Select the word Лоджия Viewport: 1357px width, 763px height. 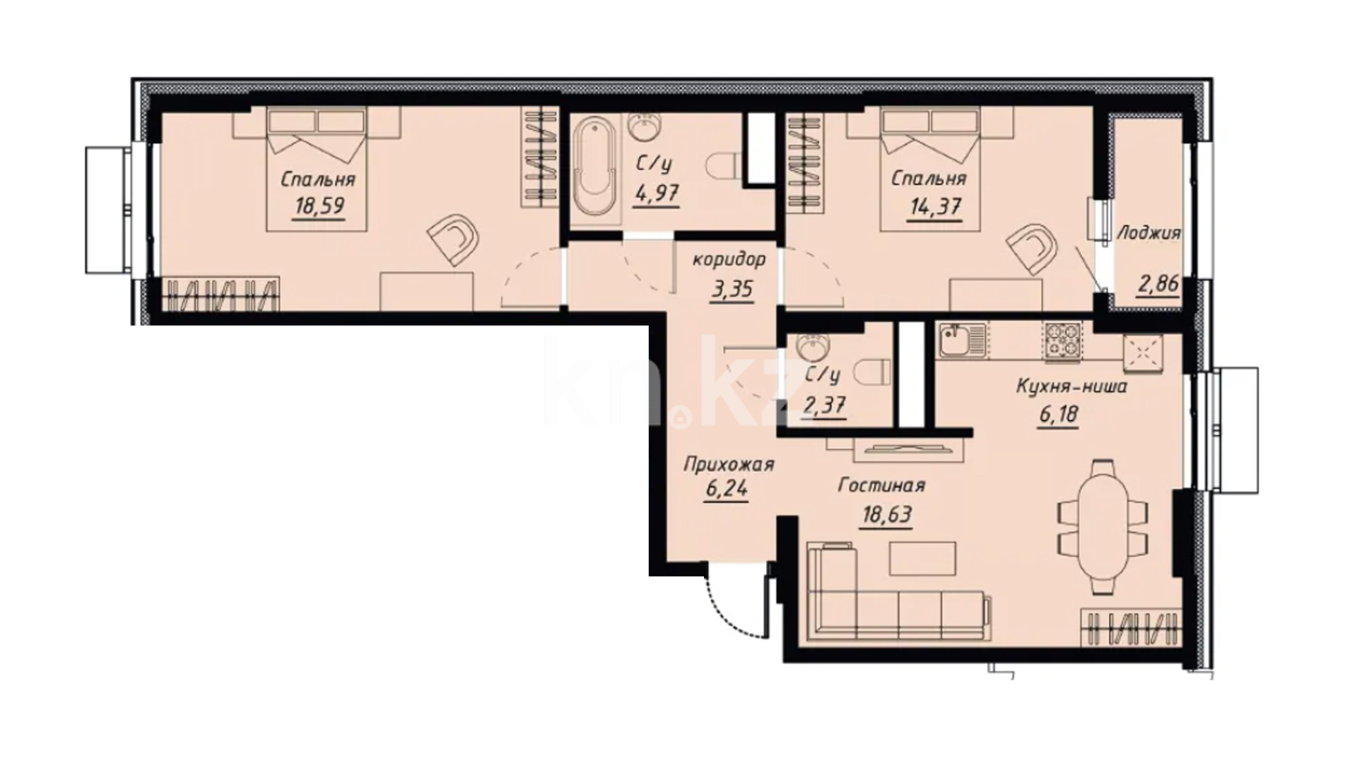click(1148, 232)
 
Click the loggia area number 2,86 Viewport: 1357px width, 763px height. click(1158, 284)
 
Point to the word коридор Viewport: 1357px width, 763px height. click(729, 260)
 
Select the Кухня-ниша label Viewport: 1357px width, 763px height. click(1071, 386)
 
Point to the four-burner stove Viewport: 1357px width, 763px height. click(1062, 343)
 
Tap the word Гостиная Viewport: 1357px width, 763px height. click(881, 486)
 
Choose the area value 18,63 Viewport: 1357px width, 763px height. click(886, 516)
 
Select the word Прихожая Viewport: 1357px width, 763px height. click(729, 465)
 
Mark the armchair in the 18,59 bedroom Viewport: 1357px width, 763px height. click(452, 240)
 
